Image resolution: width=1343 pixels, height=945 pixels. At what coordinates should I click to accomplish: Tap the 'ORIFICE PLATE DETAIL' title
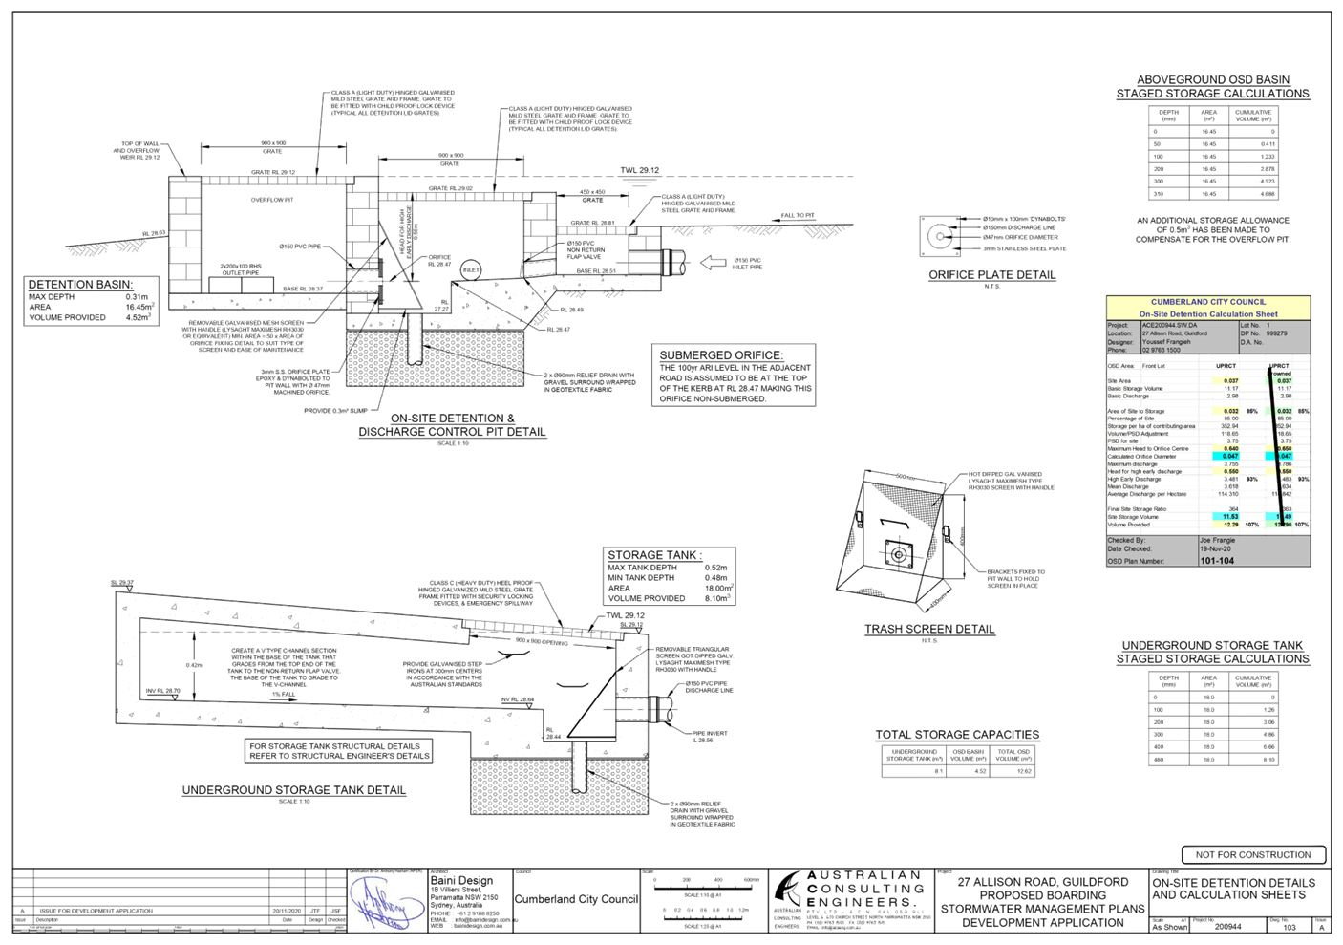[x=992, y=275]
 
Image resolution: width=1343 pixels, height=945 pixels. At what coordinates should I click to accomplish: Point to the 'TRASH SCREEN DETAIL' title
[x=929, y=630]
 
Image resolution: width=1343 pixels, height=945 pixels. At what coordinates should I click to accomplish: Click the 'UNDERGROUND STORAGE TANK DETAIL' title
[x=294, y=791]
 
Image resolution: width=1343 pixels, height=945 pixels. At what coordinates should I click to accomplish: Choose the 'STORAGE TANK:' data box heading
[x=654, y=555]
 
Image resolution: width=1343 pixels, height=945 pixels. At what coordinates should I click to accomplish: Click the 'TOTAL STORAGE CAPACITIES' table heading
[x=956, y=735]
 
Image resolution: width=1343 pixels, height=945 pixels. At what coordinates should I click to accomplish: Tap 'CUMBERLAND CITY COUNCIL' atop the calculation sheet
[x=1207, y=302]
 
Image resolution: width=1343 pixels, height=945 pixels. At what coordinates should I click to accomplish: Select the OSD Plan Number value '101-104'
[x=1217, y=561]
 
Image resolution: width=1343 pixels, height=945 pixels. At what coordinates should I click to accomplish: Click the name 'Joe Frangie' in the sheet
[x=1218, y=540]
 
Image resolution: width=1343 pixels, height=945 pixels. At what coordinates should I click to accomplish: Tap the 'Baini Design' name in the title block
[x=462, y=880]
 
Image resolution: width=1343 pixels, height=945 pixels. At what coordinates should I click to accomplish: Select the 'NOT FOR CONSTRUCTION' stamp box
[x=1253, y=854]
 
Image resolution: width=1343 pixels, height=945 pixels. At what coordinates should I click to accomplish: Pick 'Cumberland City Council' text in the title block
[x=575, y=900]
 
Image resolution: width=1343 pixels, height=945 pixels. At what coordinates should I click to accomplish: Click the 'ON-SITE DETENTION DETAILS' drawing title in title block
[x=1233, y=883]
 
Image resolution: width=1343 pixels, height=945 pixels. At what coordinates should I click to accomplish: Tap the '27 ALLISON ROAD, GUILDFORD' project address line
[x=1043, y=882]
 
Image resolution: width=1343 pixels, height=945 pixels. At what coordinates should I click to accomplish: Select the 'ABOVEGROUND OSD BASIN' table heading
[x=1213, y=80]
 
